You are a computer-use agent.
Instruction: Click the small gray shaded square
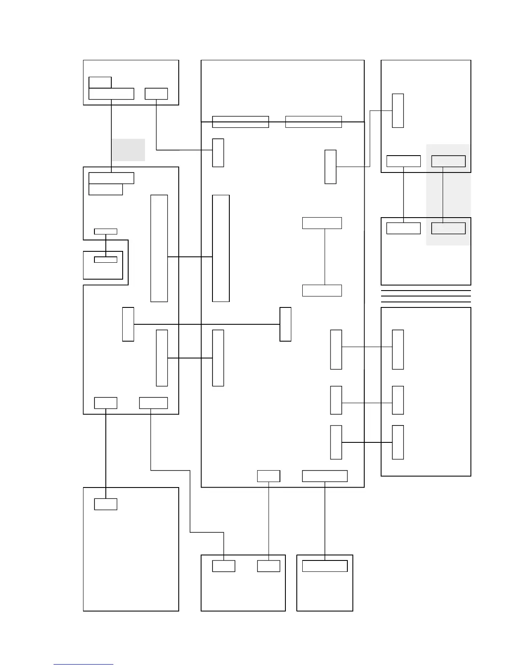pos(128,150)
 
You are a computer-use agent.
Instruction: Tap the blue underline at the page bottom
pos(83,664)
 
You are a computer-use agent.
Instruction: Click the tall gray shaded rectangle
pos(448,194)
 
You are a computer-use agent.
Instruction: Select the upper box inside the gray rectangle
pos(449,161)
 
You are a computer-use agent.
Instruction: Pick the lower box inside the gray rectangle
pos(449,228)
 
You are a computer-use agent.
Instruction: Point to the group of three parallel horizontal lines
pos(426,296)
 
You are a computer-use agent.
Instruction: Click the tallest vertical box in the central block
pos(221,248)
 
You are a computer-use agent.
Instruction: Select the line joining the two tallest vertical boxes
pos(190,256)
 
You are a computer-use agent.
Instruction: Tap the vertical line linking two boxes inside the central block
pos(325,257)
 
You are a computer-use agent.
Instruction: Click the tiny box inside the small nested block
pos(105,259)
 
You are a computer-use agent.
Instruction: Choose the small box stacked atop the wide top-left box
pos(100,82)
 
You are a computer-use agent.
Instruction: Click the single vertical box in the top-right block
pos(398,110)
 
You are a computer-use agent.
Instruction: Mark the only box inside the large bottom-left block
pos(105,504)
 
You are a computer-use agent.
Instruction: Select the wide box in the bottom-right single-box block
pos(325,566)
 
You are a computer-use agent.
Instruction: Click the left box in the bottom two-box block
pos(223,566)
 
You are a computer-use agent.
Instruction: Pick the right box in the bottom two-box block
pos(269,566)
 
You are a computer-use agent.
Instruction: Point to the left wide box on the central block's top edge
pos(240,121)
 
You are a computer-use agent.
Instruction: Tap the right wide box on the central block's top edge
pos(313,121)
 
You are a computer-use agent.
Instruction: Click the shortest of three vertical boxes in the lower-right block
pos(398,400)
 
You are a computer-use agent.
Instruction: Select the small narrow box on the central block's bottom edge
pos(269,476)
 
